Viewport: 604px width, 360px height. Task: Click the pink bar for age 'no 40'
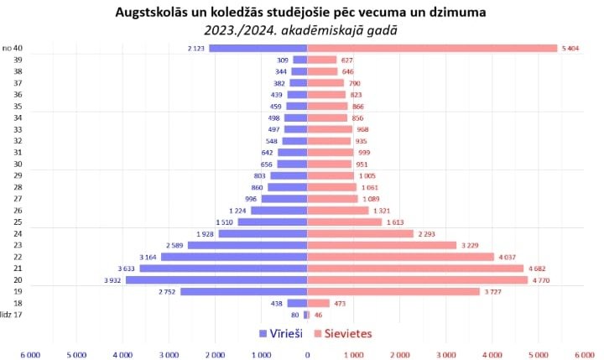point(432,49)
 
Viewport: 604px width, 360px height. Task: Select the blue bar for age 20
point(216,279)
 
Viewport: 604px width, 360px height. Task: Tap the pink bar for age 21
point(415,269)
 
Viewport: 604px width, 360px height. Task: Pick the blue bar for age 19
point(243,291)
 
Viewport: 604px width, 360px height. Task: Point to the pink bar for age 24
point(361,233)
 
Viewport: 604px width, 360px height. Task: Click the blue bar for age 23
point(247,245)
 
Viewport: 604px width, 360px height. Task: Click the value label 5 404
point(570,49)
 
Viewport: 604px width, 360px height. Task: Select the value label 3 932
point(114,279)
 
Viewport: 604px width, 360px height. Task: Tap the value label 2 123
point(197,49)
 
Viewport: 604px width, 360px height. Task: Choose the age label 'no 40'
point(12,49)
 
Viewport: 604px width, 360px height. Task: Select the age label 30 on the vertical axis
point(17,164)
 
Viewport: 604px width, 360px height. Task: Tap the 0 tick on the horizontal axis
point(308,355)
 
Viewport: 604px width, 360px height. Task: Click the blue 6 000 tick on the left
point(30,355)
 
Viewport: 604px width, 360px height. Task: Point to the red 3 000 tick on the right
point(446,355)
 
